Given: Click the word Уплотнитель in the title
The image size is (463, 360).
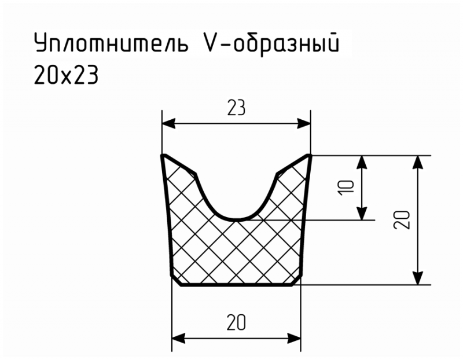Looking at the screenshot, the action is (x=111, y=43).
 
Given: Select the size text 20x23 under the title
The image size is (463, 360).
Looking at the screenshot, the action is (x=66, y=75).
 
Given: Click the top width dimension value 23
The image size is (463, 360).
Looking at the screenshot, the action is (x=236, y=108).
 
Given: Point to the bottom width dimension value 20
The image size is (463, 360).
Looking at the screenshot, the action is (x=236, y=322).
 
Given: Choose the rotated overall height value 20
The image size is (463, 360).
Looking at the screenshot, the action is (x=402, y=220).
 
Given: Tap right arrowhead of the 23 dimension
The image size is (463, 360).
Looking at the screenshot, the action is (x=303, y=124).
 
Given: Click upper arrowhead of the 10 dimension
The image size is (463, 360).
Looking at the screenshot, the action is (x=362, y=163).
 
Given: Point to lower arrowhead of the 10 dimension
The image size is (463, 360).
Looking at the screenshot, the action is (x=362, y=213).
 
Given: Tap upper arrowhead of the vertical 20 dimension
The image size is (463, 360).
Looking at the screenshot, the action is (x=417, y=163).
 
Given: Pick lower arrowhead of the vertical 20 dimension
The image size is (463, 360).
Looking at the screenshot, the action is (x=417, y=278).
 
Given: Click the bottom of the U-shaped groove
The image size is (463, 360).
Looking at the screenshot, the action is (x=236, y=220).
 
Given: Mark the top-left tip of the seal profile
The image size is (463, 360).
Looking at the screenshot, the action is (x=163, y=155).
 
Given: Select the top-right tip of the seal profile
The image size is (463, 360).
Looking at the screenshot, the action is (x=310, y=155).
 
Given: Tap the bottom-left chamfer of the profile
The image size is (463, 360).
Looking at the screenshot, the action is (x=177, y=281).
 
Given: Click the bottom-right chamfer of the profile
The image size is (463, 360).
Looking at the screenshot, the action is (x=296, y=281).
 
